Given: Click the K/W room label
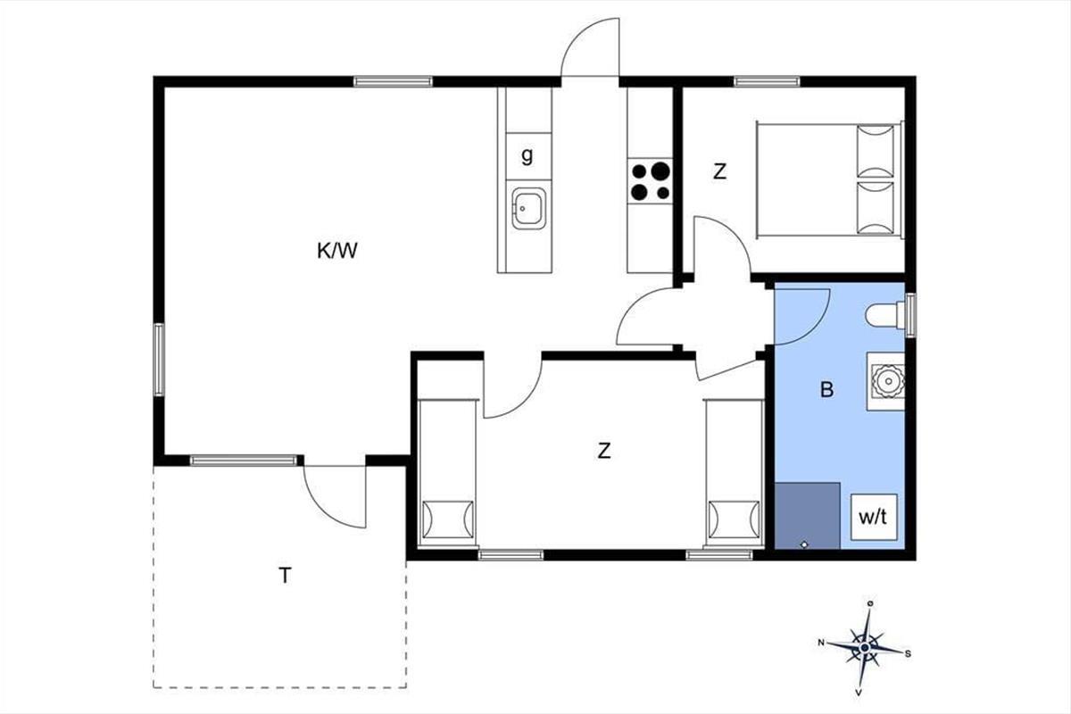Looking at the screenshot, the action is coord(337,251).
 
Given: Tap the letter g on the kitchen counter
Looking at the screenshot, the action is coord(527,155).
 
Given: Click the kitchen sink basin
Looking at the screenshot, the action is coord(528,209).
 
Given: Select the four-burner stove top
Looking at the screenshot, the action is coord(651,181).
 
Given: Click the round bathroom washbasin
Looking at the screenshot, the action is coord(888,381).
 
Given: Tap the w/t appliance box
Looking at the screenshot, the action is coord(874,518).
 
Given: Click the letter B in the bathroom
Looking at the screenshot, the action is coord(826,390).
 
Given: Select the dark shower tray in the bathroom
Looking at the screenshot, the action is coord(807,516).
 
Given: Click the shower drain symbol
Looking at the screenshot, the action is coord(804,544).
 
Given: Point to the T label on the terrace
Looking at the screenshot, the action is coord(285,576).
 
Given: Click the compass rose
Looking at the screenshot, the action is coord(865,648).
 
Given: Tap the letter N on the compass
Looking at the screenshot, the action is coord(821,643).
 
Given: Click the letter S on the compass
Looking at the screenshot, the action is coord(908,653).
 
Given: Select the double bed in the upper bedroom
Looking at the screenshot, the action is coord(829,179).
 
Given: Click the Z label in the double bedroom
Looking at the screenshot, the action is coord(719,171).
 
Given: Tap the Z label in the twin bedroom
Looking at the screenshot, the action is coord(604,451).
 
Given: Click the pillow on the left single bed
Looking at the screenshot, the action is coord(448,519).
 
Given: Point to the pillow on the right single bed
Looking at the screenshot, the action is coord(734,519).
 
